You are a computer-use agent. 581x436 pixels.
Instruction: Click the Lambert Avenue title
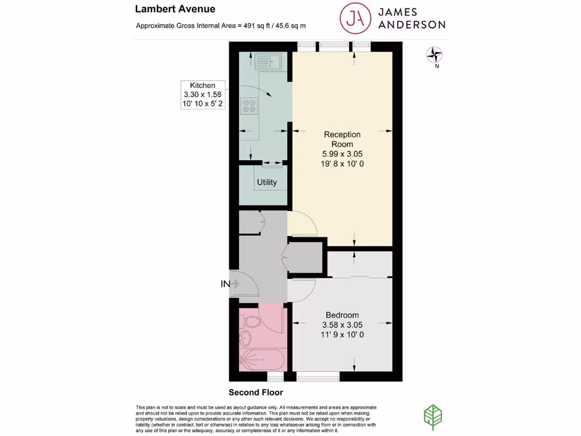click(x=175, y=9)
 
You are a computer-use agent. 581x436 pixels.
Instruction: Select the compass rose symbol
click(x=435, y=54)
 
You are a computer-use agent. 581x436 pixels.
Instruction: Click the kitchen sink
click(x=270, y=60)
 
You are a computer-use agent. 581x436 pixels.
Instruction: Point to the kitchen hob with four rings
click(x=249, y=106)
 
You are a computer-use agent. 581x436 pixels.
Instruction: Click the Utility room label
click(x=267, y=182)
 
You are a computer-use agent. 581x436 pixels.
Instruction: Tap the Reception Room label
click(x=342, y=139)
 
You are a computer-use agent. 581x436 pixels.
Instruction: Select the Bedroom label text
click(x=342, y=315)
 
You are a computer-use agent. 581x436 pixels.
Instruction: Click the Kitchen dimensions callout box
click(x=203, y=94)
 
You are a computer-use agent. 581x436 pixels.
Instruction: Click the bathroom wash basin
click(x=245, y=339)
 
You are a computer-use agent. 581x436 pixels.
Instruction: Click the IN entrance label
click(x=225, y=284)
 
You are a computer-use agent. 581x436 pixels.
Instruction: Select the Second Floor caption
click(x=255, y=392)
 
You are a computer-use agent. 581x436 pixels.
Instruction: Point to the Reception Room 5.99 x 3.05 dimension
click(x=342, y=154)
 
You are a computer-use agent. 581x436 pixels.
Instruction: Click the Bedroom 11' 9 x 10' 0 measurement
click(x=342, y=335)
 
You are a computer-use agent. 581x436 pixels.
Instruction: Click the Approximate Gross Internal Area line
click(x=224, y=26)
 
